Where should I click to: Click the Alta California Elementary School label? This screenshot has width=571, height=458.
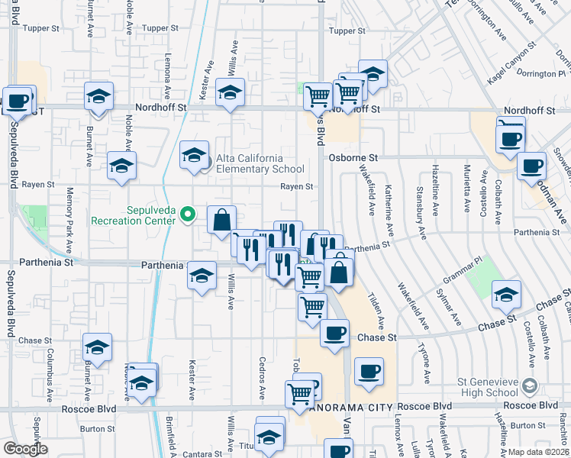[x=260, y=163]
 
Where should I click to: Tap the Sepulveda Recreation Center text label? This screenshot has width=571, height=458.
[x=134, y=215]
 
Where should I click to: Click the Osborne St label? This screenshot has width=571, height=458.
[x=353, y=157]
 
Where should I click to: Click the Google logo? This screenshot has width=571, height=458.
[x=26, y=449]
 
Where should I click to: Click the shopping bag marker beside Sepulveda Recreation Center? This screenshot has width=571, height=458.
[x=221, y=220]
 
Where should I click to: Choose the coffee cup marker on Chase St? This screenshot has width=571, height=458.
[x=334, y=334]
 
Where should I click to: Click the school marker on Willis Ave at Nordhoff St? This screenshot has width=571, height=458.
[x=230, y=92]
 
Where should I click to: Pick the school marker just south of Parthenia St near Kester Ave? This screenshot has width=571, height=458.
[x=202, y=275]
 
